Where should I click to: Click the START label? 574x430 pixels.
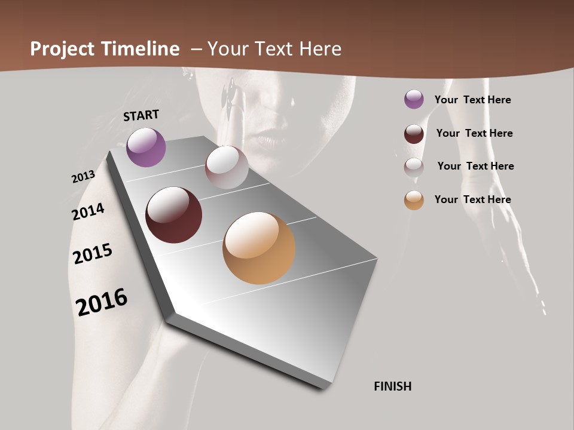pyautogui.click(x=141, y=115)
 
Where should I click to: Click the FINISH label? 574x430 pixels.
pyautogui.click(x=392, y=386)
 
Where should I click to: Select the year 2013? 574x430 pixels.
pyautogui.click(x=83, y=177)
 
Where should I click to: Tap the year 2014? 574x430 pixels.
pyautogui.click(x=88, y=211)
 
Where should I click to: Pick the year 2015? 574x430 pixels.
pyautogui.click(x=93, y=254)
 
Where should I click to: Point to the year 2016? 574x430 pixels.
pyautogui.click(x=102, y=302)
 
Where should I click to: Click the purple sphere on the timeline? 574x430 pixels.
pyautogui.click(x=146, y=147)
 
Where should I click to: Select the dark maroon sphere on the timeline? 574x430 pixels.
pyautogui.click(x=173, y=215)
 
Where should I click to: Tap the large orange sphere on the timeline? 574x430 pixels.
pyautogui.click(x=259, y=248)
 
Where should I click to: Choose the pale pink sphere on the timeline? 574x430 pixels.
pyautogui.click(x=227, y=167)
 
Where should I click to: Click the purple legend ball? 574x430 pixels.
pyautogui.click(x=414, y=99)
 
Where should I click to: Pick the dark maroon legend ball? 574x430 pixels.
pyautogui.click(x=414, y=133)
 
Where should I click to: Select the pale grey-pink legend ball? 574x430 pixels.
pyautogui.click(x=414, y=167)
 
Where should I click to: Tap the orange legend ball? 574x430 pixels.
pyautogui.click(x=414, y=199)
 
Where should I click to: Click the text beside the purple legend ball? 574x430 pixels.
pyautogui.click(x=472, y=100)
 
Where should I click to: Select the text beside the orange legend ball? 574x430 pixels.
pyautogui.click(x=472, y=199)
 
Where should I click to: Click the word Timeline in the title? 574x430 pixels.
pyautogui.click(x=140, y=49)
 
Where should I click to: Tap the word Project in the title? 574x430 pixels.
pyautogui.click(x=62, y=49)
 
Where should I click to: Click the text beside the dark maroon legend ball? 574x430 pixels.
pyautogui.click(x=474, y=133)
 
